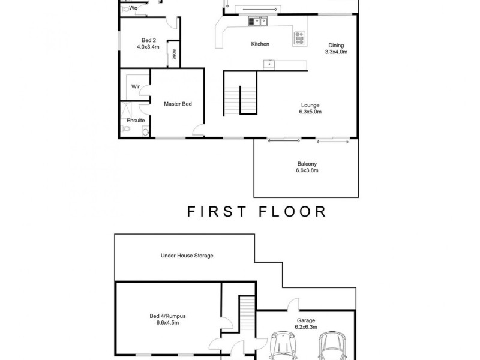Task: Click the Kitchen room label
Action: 260,44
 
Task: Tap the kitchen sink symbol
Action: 259,22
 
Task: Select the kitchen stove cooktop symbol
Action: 299,38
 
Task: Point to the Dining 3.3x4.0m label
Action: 336,49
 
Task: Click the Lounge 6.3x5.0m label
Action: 310,109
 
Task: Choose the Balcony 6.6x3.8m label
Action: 307,167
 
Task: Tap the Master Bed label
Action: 178,104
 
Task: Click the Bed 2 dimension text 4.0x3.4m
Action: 147,46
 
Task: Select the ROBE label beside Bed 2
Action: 175,54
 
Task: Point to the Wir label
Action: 136,86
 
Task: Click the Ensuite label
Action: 135,120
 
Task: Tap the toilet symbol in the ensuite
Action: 126,130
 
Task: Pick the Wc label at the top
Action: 133,8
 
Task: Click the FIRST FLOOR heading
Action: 256,211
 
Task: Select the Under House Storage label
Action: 187,256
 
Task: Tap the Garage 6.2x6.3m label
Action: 305,324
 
